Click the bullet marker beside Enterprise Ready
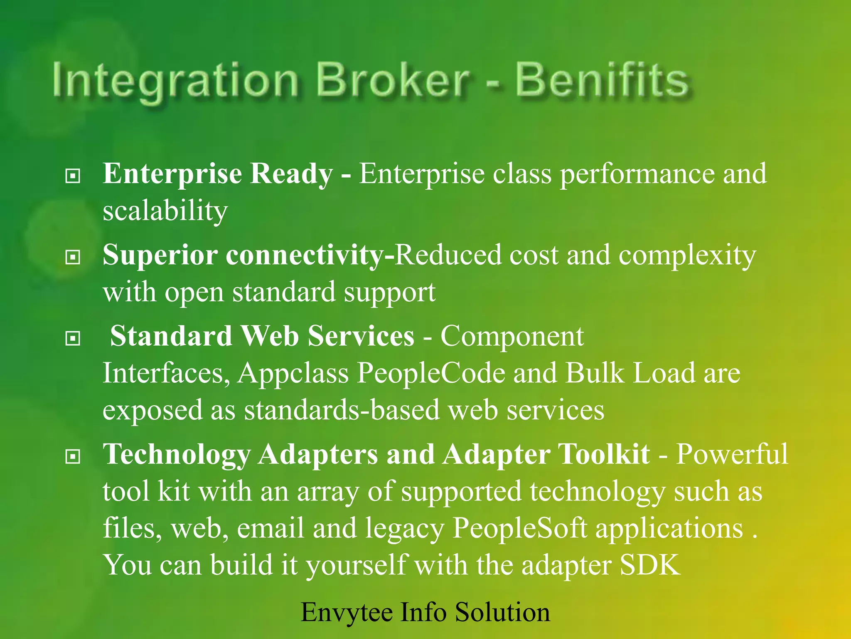(x=73, y=176)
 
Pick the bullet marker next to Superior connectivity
(x=73, y=258)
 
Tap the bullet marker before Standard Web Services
(x=73, y=339)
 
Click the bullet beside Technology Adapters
(x=73, y=457)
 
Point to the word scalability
(x=165, y=211)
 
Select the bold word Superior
(x=160, y=255)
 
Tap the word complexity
(x=687, y=255)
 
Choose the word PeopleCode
(x=431, y=373)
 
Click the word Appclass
(x=293, y=374)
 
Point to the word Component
(x=512, y=336)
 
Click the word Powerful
(x=732, y=454)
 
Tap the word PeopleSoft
(x=519, y=529)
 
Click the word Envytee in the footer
(x=346, y=613)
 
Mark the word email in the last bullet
(x=271, y=528)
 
